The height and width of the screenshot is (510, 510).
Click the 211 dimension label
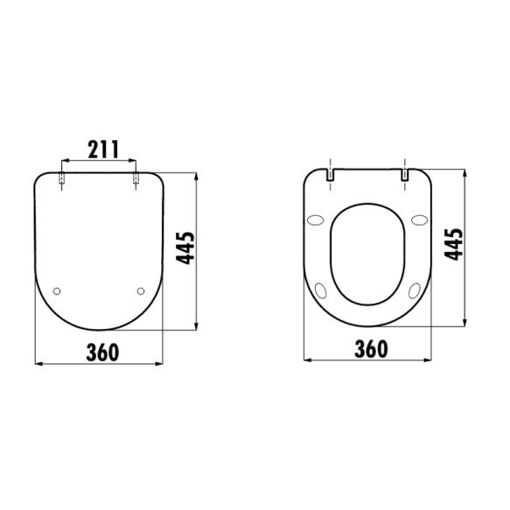coord(103,150)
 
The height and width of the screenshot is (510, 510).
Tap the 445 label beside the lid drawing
coord(185,248)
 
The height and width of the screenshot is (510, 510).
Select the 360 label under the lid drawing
coord(102,353)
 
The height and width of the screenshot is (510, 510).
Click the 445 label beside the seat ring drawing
coord(454,244)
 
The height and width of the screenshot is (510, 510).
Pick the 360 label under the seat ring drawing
coord(372,349)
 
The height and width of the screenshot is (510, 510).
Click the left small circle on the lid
coord(57,291)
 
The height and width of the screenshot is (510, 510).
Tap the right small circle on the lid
coord(141,291)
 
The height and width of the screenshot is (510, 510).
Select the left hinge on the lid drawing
coord(61,178)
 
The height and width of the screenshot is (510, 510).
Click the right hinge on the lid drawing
coord(136,178)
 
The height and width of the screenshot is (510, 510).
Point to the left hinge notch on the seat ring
coord(330,175)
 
